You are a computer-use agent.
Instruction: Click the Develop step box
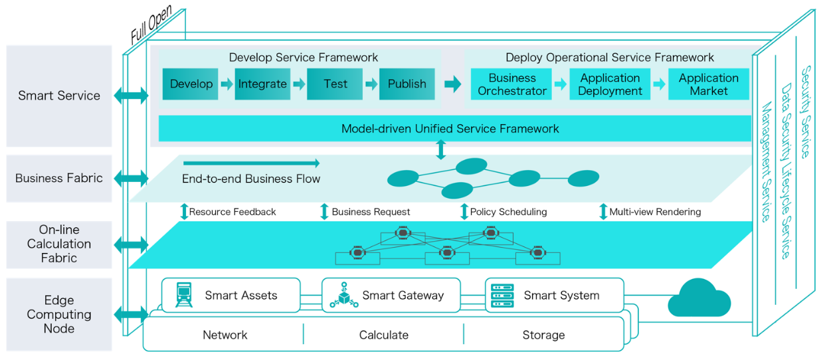(x=191, y=84)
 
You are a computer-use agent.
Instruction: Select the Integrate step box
(x=262, y=84)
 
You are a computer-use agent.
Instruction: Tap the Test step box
(x=335, y=84)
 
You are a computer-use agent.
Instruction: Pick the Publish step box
(x=407, y=84)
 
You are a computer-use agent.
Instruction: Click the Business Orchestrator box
(x=512, y=84)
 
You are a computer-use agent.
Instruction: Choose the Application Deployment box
(x=610, y=84)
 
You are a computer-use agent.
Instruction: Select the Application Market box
(x=708, y=84)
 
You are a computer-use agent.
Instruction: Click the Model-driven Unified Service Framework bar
(x=454, y=128)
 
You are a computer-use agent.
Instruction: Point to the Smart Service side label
(x=59, y=96)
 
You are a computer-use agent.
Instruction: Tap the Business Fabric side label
(x=59, y=178)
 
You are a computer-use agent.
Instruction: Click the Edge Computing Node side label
(x=59, y=314)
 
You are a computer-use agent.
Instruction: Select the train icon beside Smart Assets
(x=184, y=295)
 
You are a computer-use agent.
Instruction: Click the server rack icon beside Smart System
(x=502, y=296)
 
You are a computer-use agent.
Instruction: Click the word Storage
(x=543, y=335)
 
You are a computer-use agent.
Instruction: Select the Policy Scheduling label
(x=508, y=212)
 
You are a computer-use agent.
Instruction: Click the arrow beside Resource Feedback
(x=184, y=212)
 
